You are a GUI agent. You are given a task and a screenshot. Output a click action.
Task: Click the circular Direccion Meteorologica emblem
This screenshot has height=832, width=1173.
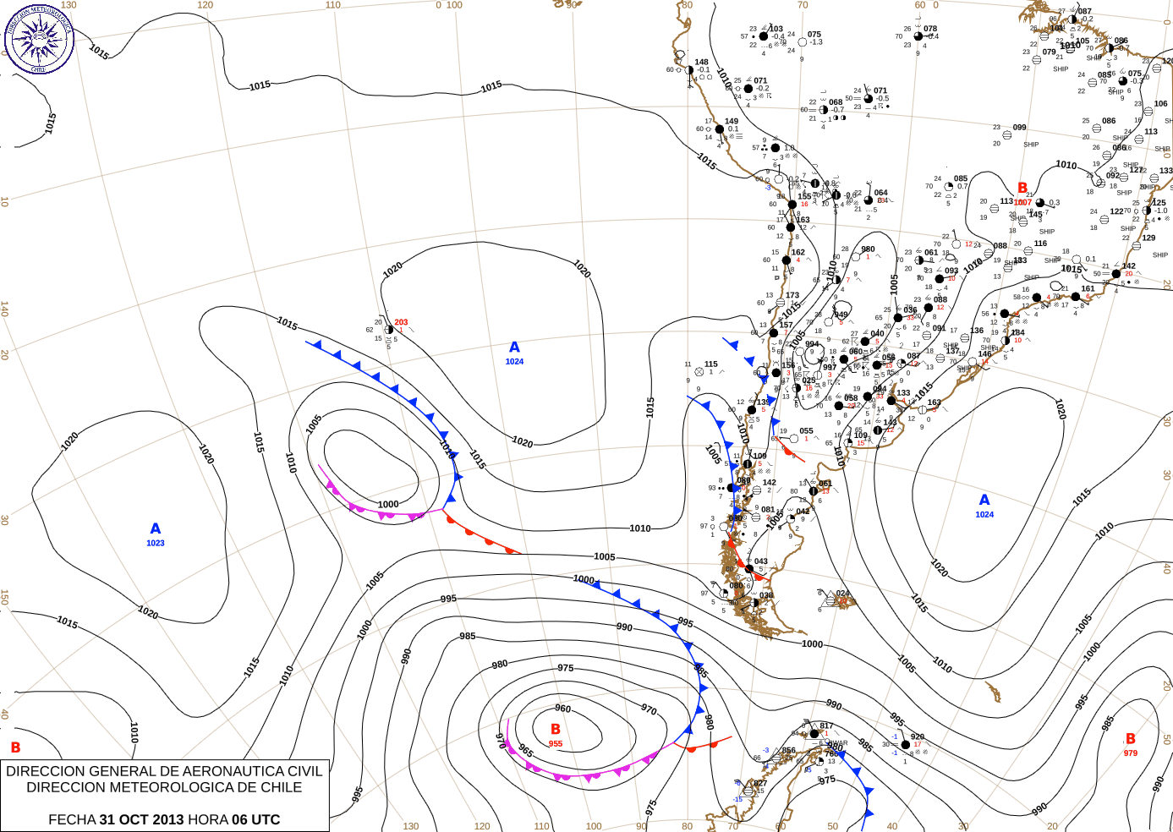point(39,39)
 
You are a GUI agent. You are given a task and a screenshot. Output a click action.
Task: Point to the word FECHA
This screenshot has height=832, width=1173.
point(72,819)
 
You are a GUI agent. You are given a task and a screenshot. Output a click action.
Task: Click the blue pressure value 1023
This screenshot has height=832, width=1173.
point(156,543)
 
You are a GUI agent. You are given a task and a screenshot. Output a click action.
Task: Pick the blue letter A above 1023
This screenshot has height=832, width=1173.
point(156,529)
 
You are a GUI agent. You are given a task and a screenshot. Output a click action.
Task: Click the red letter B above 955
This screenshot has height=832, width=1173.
point(556,729)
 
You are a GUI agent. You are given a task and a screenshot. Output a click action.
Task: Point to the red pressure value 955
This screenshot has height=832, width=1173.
point(556,744)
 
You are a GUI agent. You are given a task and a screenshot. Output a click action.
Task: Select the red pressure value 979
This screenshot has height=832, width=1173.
point(1131,753)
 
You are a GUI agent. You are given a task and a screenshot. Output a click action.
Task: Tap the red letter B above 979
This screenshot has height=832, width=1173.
point(1131,739)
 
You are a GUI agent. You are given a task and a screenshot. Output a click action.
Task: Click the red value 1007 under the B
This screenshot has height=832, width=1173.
point(1022,202)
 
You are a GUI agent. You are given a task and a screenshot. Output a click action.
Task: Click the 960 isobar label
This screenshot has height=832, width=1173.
point(562,709)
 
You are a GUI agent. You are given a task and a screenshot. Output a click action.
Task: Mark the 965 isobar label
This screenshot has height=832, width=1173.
point(526,752)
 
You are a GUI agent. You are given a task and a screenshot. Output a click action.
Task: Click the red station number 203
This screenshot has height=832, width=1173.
point(401,322)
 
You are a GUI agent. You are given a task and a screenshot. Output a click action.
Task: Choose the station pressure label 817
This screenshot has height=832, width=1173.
point(826,725)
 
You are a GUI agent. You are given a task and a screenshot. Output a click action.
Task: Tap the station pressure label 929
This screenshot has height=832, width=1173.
point(918,736)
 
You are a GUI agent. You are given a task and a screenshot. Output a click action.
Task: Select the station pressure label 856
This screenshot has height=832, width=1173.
point(789,750)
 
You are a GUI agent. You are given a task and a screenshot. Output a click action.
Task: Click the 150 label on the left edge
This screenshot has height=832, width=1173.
point(5,597)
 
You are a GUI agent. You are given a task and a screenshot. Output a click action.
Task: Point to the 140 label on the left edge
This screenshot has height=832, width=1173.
point(5,309)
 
